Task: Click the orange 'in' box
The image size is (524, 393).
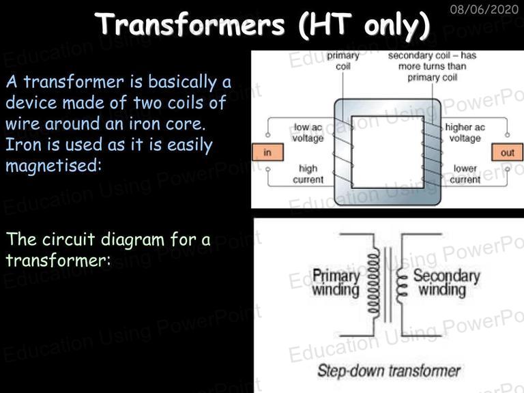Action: tap(268, 152)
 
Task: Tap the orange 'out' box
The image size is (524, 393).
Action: tap(507, 152)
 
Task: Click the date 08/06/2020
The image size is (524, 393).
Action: tap(484, 9)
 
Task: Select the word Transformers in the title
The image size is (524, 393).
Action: tap(190, 24)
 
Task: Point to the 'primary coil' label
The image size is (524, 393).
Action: tap(343, 61)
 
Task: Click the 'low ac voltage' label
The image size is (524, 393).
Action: tap(308, 132)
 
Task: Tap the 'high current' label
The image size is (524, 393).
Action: tap(308, 174)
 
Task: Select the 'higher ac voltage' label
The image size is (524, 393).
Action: tap(465, 132)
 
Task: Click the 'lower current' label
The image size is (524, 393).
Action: tap(465, 174)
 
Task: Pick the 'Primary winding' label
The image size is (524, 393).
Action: tap(336, 282)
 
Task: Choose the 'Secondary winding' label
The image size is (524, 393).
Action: tap(446, 282)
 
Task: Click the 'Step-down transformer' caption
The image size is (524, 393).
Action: tap(389, 370)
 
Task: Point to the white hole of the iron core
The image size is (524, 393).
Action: tap(388, 152)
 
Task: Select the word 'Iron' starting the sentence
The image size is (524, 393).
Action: tap(20, 145)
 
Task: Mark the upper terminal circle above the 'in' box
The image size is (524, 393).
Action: tap(267, 135)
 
